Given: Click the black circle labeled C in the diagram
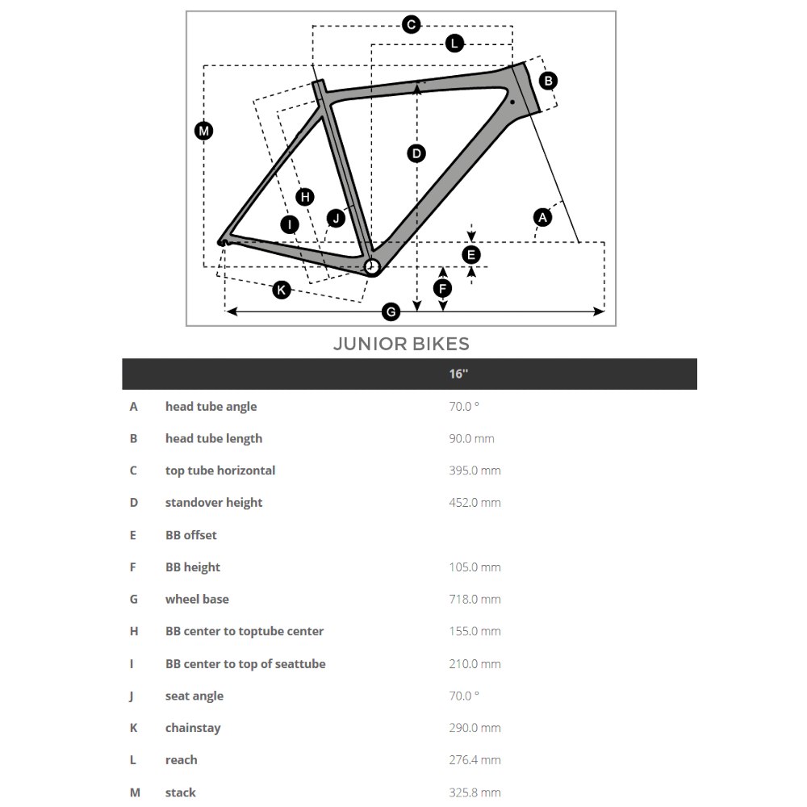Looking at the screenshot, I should (412, 25).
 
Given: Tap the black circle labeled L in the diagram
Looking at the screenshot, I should (455, 44).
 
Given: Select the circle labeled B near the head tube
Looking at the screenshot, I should (548, 81).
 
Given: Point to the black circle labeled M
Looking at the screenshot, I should (204, 131).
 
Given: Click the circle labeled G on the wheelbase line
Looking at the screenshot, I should (391, 312).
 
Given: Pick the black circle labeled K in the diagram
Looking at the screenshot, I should (281, 290).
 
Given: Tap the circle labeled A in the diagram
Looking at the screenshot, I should (543, 216).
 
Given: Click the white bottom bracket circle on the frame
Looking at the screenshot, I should (372, 267).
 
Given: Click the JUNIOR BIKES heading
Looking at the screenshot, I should (401, 344).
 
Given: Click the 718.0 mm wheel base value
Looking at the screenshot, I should (475, 600).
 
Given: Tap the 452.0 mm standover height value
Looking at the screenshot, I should (475, 503).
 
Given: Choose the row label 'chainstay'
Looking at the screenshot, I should (193, 728).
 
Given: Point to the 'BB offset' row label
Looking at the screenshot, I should (191, 535).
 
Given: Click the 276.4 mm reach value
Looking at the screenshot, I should (475, 760).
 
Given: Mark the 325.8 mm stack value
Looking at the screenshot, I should (475, 792).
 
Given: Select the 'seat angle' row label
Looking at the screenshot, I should (194, 696).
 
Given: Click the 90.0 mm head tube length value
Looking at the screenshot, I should (471, 439).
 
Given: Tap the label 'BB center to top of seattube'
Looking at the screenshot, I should (245, 664).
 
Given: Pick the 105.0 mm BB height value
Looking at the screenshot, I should (475, 567).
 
